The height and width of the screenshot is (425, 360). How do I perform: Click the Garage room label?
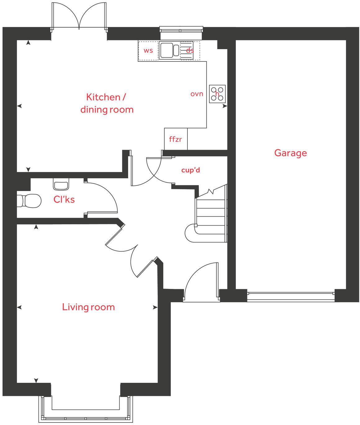tap(290, 153)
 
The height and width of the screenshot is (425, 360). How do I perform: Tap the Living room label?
tap(88, 307)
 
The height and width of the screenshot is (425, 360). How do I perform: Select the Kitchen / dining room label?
tap(107, 103)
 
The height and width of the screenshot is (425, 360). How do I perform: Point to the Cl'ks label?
tap(64, 199)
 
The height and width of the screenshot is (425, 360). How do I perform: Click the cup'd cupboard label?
tap(191, 170)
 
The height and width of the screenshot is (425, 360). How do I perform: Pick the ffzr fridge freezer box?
tap(176, 139)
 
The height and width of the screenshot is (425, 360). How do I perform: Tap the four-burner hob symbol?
tap(217, 94)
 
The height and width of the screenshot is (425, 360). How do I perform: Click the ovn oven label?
tap(197, 94)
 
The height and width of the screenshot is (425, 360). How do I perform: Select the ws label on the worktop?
tap(148, 51)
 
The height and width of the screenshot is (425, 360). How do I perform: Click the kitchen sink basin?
tap(167, 50)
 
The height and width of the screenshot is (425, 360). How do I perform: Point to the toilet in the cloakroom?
tap(30, 201)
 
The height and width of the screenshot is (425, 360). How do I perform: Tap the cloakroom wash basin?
tap(61, 184)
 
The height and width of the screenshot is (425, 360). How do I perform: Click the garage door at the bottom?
tap(291, 296)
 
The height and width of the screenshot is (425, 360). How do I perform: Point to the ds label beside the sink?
tap(190, 50)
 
